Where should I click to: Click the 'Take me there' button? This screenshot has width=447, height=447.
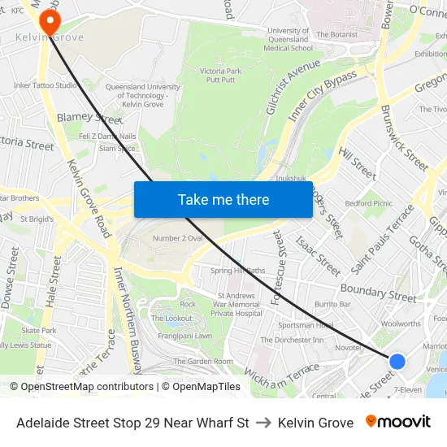tap(223, 199)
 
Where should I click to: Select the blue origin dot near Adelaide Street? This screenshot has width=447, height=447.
tap(397, 362)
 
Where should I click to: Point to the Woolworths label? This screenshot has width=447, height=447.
tap(400, 323)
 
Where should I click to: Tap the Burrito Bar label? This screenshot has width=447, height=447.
tap(333, 304)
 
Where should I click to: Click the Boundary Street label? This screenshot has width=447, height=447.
tap(378, 291)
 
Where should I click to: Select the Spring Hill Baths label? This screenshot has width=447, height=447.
tap(237, 271)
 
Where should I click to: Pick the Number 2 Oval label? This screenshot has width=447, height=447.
tap(178, 238)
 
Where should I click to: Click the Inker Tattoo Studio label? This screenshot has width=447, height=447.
tap(46, 85)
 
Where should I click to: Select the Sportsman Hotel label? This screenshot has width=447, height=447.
tap(306, 325)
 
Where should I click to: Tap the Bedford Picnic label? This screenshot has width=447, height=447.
tap(368, 203)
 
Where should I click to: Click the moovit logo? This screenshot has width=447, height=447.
tap(398, 422)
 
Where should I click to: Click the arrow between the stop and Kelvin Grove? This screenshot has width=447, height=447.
tap(263, 423)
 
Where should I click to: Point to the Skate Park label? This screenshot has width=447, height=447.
tap(39, 331)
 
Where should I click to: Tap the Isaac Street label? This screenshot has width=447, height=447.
tap(318, 255)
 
